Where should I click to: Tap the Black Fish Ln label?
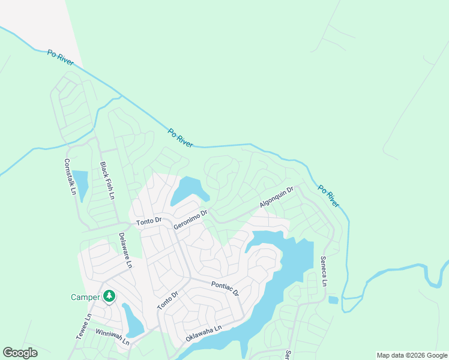[107, 181]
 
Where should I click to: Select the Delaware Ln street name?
[124, 250]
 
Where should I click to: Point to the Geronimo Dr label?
[190, 219]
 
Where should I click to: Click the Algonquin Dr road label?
[276, 197]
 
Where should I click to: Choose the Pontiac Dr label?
[224, 289]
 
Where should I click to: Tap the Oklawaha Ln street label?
[203, 334]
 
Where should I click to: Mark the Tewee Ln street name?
[82, 327]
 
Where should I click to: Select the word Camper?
[85, 297]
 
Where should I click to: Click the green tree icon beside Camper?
[109, 296]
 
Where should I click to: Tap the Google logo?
[20, 353]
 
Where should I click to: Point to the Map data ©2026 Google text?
[411, 355]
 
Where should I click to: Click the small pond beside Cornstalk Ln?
[81, 184]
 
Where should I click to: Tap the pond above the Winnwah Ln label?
[133, 320]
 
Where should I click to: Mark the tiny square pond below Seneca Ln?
[333, 299]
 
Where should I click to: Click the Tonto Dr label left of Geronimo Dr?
[149, 221]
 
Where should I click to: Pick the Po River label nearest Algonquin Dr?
[328, 196]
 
